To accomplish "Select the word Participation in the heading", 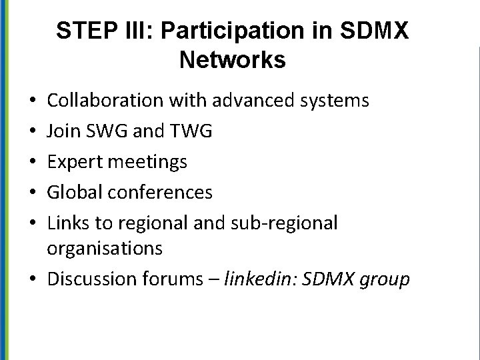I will (x=224, y=31).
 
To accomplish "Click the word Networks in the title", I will (x=233, y=61).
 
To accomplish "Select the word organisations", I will (x=105, y=249).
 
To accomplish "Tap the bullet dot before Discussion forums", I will (x=33, y=279).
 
